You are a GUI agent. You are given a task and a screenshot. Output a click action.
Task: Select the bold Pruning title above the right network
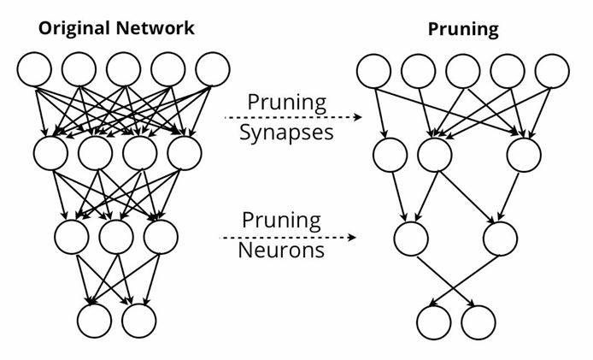(462, 28)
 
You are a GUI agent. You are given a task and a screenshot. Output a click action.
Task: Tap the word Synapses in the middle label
(286, 133)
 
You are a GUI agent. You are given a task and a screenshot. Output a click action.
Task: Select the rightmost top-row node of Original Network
(212, 69)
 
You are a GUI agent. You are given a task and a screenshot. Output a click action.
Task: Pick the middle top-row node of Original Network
(123, 69)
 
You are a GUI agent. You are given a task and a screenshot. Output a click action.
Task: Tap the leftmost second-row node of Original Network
(50, 153)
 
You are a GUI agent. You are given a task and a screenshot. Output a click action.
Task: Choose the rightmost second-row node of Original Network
(184, 153)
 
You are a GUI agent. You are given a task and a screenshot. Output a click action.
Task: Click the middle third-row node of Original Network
(116, 237)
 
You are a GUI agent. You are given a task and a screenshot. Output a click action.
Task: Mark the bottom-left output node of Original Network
(94, 321)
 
